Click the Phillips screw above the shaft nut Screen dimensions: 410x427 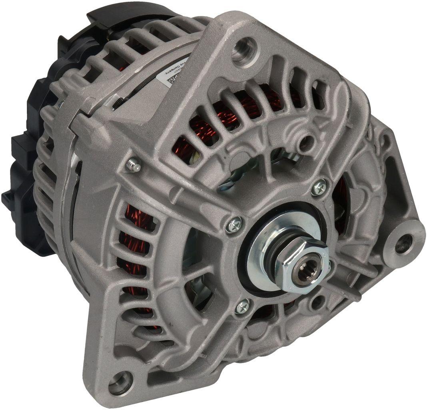[x=318, y=187]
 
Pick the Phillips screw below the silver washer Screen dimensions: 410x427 [x=242, y=307]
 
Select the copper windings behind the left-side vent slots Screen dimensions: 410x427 [x=136, y=240]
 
